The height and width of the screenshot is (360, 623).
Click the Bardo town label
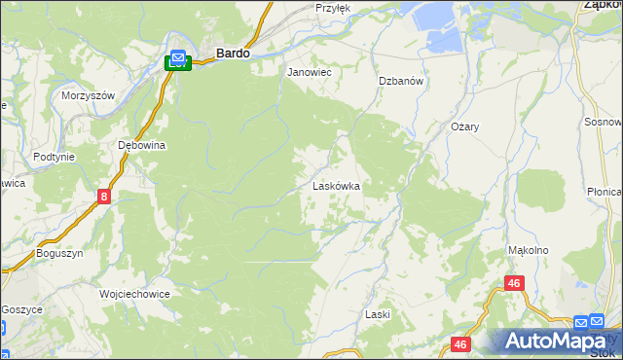click(x=232, y=55)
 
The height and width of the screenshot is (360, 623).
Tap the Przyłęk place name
click(x=332, y=8)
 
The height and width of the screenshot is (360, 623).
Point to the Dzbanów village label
click(x=400, y=82)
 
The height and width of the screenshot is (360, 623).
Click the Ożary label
click(x=465, y=127)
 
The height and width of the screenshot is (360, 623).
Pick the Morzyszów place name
click(x=89, y=95)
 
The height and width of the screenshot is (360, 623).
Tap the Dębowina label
click(x=142, y=145)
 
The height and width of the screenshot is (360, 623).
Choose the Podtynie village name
click(x=54, y=157)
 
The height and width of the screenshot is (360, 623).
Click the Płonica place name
click(x=605, y=193)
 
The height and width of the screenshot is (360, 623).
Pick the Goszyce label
click(x=21, y=308)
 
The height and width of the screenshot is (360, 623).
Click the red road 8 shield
click(x=104, y=198)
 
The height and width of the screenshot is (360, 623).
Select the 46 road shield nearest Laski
click(x=461, y=344)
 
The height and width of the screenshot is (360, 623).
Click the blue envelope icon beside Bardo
click(x=178, y=57)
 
